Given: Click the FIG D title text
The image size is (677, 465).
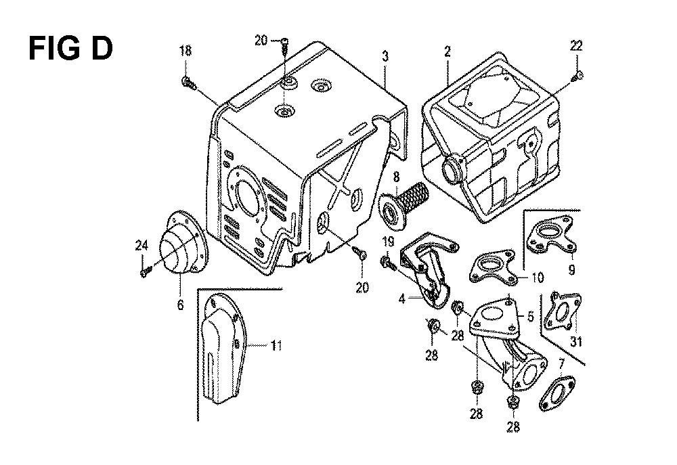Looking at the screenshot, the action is (71, 48).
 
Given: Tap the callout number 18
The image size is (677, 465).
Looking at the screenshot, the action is (185, 51).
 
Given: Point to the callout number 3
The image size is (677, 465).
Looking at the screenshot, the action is (385, 56).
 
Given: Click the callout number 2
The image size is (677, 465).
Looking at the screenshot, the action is (447, 52).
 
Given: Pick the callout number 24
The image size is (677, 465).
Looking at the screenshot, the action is (141, 246).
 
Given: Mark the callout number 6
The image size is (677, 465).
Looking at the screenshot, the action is (180, 305).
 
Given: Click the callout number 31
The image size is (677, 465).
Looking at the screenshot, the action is (576, 342).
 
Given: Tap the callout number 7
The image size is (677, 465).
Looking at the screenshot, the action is (561, 366).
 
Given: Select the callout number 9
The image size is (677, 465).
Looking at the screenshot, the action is (571, 270).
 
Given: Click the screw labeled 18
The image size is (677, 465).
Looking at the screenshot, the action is (188, 83).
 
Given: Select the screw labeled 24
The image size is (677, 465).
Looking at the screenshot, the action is (145, 273).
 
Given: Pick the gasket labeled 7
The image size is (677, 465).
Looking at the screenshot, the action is (557, 393).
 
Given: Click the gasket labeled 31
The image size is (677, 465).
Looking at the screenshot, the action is (562, 311).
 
